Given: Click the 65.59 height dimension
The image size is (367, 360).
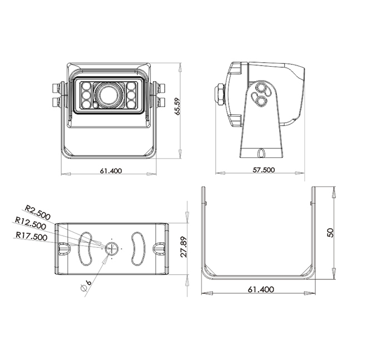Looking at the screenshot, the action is [x=178, y=106].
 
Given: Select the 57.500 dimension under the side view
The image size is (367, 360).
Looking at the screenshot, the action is [x=264, y=169].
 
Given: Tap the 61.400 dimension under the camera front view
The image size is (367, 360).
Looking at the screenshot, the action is [x=111, y=171].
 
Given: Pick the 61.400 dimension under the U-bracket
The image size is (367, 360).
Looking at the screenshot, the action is [x=261, y=289].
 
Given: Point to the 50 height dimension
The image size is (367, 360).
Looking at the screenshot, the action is [x=330, y=233].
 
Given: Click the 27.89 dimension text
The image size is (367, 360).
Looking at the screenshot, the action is [x=184, y=247].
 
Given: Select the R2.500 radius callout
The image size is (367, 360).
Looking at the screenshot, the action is [x=38, y=212].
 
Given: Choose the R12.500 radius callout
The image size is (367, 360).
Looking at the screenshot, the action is [x=31, y=223].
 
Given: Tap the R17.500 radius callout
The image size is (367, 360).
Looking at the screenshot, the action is [x=32, y=236].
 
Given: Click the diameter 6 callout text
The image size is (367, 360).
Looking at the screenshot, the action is [x=86, y=286].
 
